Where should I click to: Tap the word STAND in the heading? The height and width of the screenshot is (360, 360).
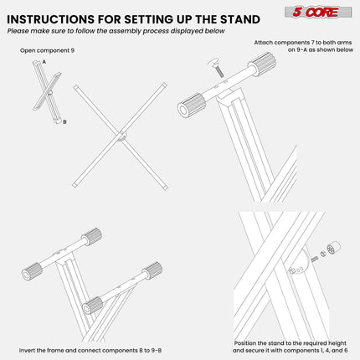253,17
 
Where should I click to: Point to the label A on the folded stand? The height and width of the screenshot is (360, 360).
44,62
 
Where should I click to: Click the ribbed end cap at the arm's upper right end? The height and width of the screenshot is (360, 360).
262,63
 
